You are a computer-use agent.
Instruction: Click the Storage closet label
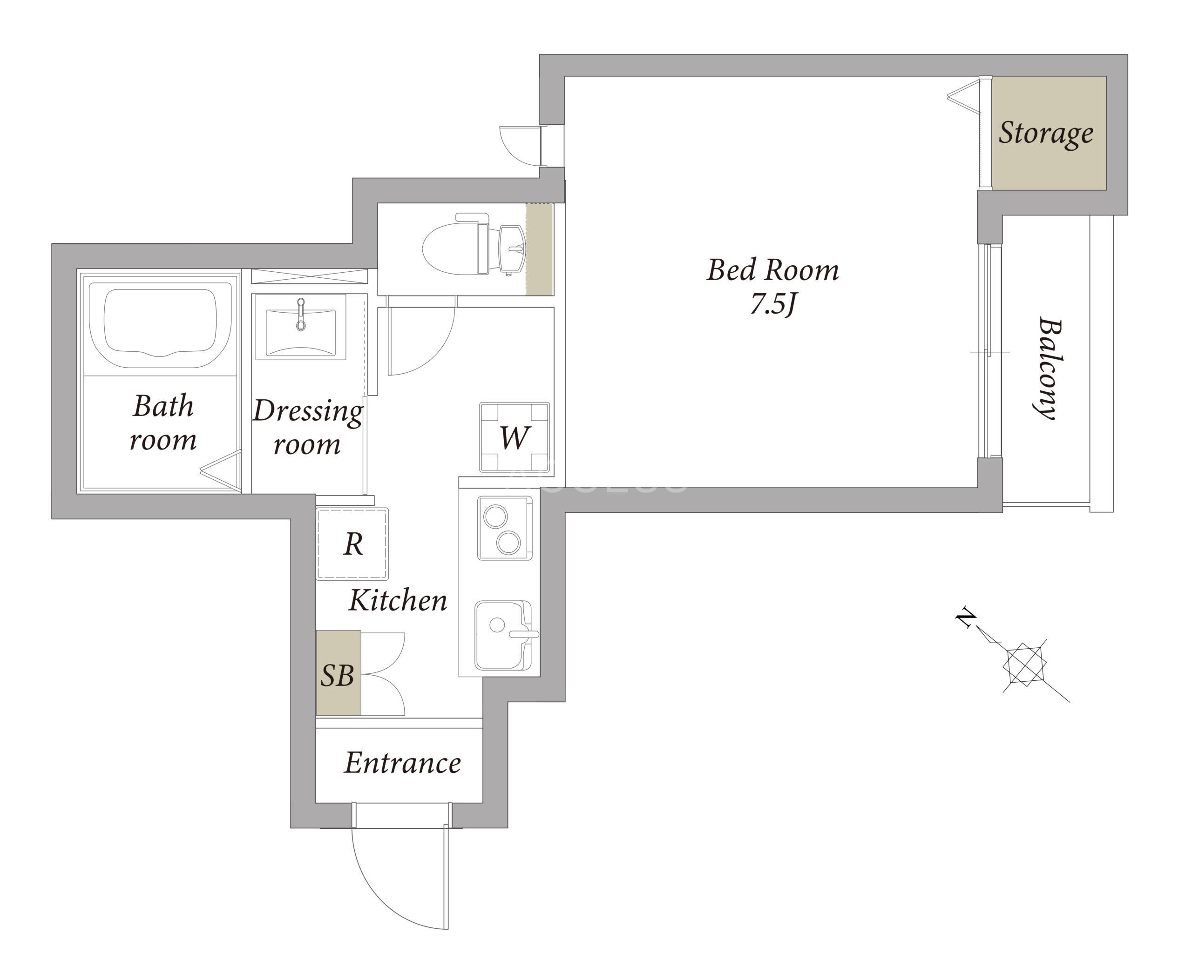coord(1045,133)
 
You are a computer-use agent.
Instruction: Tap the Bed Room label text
coord(772,270)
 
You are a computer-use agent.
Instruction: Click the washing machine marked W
coord(514,437)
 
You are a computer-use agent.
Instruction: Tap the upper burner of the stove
coord(495,517)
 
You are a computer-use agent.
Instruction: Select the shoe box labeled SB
coord(339,673)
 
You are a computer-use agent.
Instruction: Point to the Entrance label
coord(402,763)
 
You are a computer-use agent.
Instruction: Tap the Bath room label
coord(163,423)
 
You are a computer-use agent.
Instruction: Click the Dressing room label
coord(307,427)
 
